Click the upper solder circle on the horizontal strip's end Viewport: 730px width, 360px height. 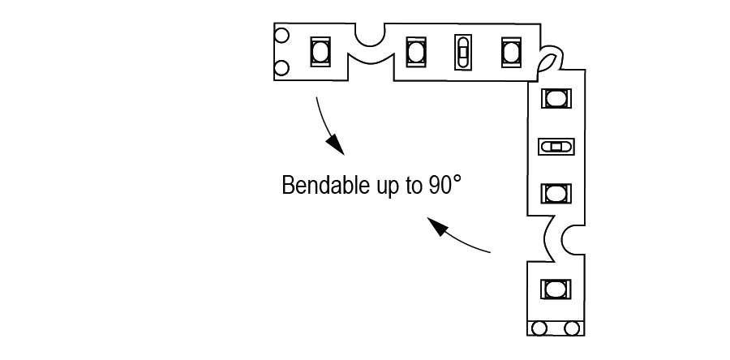click(282, 36)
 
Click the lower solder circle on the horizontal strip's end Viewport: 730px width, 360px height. click(282, 67)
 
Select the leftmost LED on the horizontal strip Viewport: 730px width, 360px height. click(320, 52)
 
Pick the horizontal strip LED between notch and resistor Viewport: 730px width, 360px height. click(415, 52)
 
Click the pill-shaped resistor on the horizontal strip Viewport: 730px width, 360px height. click(462, 53)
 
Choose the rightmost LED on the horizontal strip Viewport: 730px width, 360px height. click(510, 52)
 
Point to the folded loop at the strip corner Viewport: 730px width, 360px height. click(547, 60)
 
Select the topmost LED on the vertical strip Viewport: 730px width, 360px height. click(556, 98)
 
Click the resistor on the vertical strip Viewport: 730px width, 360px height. click(556, 147)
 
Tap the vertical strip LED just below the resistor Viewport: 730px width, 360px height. click(556, 194)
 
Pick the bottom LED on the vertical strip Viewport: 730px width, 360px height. click(556, 289)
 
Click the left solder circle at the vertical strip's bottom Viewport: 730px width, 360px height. click(539, 328)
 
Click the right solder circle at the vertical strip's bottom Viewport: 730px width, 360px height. click(572, 328)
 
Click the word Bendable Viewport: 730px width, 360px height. click(319, 185)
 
